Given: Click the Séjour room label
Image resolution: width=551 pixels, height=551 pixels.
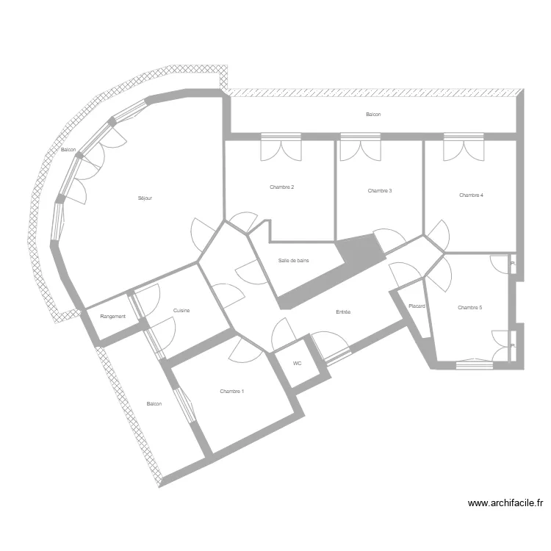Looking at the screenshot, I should click(145, 198).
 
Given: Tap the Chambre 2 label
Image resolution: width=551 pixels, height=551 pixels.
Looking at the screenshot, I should click(281, 187).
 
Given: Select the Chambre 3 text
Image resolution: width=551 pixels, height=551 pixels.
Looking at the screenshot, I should click(379, 191).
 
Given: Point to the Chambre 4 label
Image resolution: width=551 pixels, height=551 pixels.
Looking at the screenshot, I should click(471, 195).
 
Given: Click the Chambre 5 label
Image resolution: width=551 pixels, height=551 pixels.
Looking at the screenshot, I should click(469, 308).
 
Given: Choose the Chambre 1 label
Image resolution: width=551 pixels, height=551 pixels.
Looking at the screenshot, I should click(231, 392).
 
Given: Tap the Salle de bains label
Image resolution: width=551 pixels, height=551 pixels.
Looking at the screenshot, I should click(293, 261).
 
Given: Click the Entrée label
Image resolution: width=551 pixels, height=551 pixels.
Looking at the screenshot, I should click(343, 312).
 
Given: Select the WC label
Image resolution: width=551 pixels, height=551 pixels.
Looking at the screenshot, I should click(297, 364).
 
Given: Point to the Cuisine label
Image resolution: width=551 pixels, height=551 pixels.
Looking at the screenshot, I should click(181, 311).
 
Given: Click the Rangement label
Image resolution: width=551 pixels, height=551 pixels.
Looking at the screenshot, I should click(113, 317).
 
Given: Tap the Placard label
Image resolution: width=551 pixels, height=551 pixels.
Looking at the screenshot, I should click(417, 306).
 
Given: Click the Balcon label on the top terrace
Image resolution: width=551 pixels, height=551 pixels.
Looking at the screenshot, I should click(373, 115).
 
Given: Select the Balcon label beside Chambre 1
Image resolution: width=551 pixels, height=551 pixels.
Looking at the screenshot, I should click(154, 404).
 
